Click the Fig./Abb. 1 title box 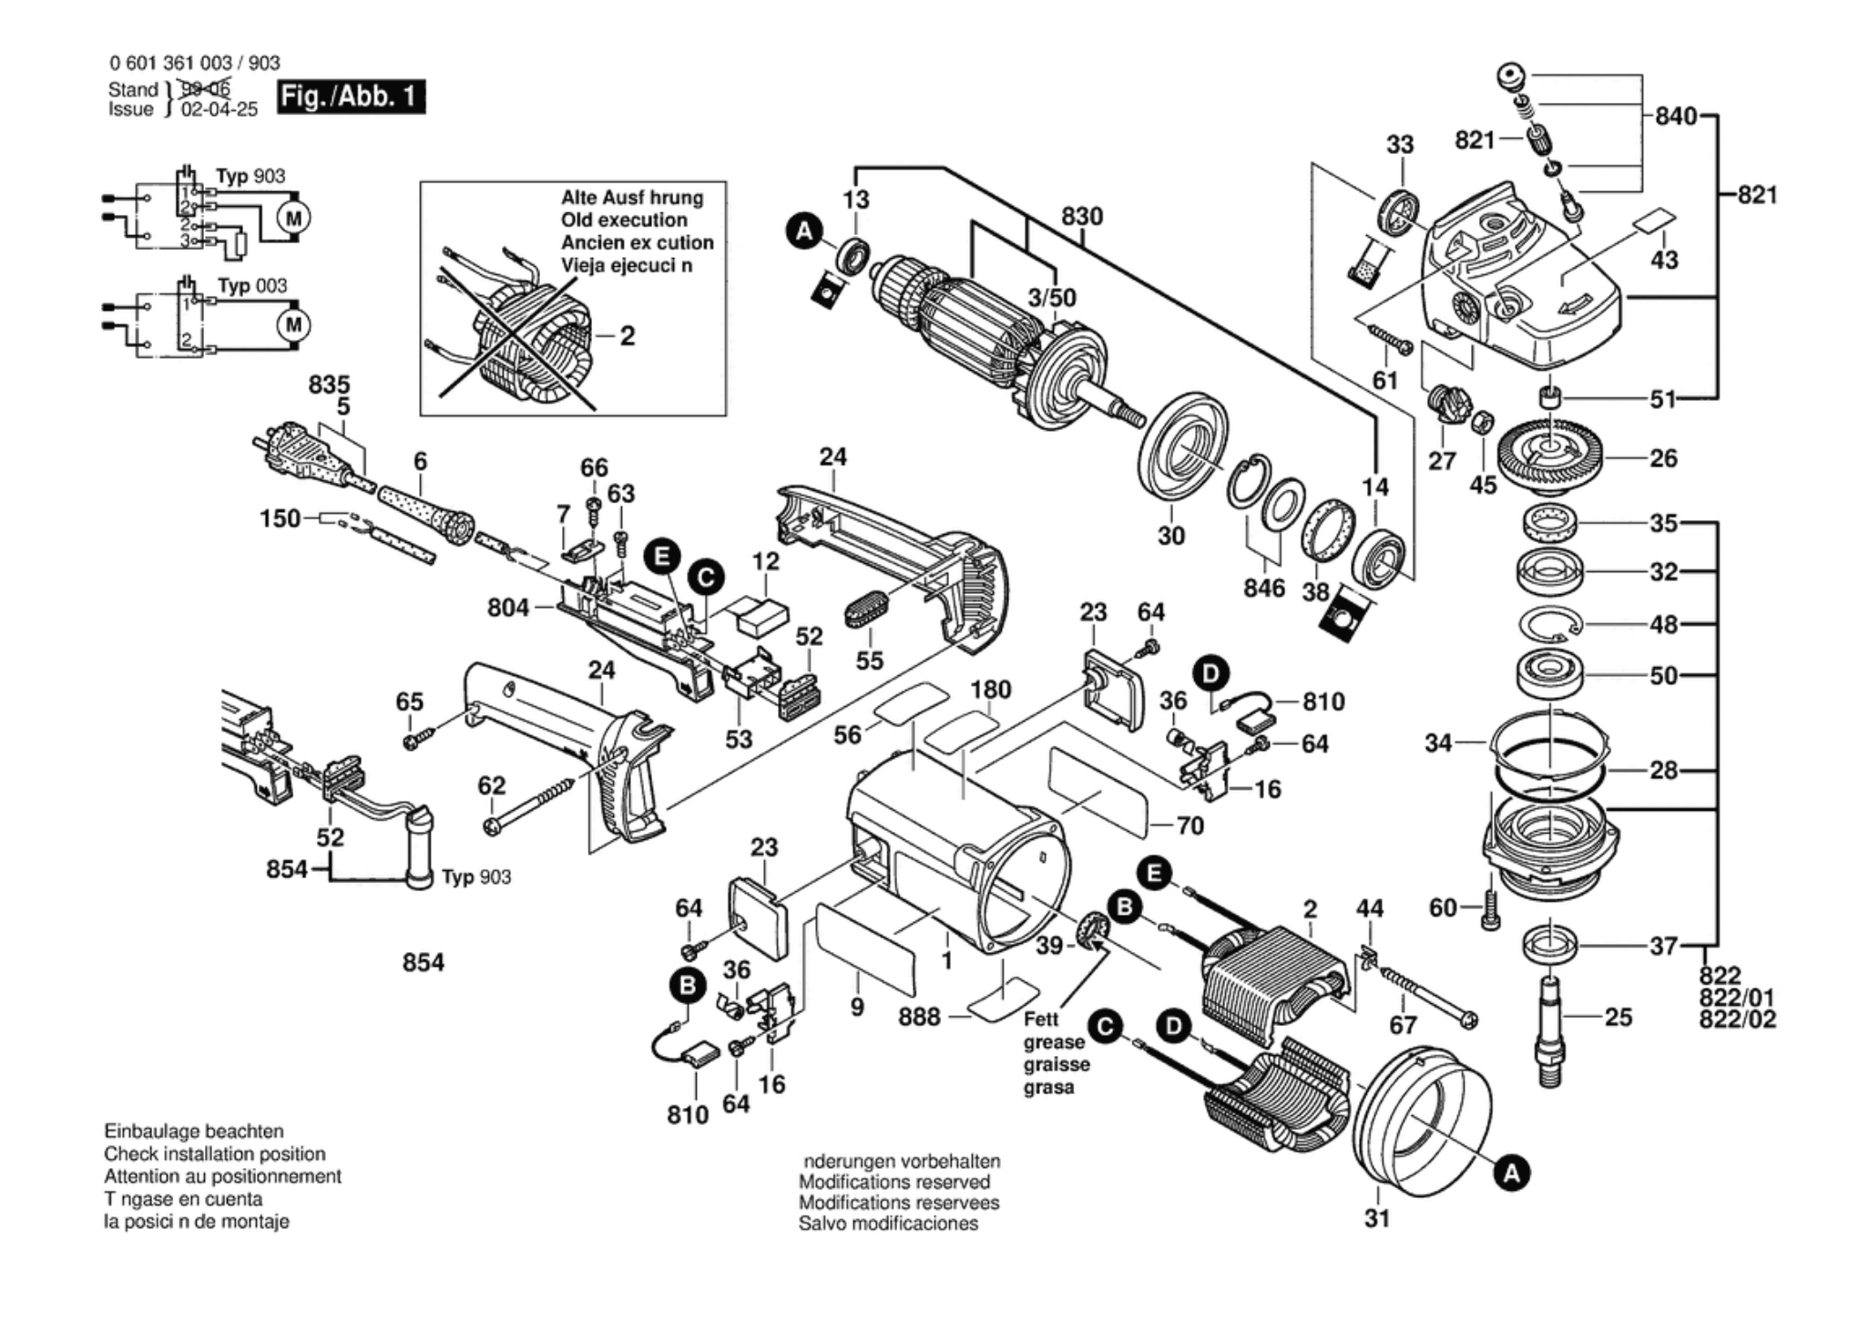351,96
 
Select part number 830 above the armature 1081,217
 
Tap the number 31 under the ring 1377,1218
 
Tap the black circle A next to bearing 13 803,231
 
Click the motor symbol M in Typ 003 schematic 293,325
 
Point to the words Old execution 624,220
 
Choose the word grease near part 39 1054,1042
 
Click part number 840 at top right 1676,116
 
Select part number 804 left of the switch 508,607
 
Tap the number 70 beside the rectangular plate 1190,825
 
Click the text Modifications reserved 894,1182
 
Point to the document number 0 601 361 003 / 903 195,63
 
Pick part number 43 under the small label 1664,260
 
